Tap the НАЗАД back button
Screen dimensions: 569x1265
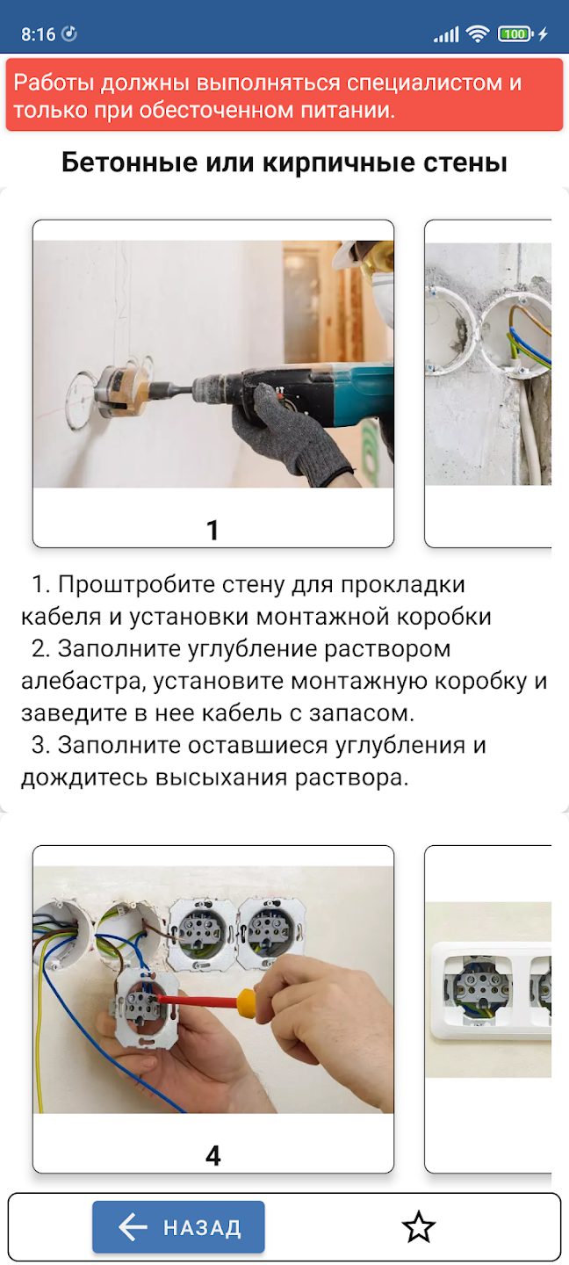(x=178, y=1226)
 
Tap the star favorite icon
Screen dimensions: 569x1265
(x=418, y=1226)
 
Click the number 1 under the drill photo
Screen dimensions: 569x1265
(x=212, y=530)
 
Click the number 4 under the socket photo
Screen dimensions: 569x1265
(x=212, y=1155)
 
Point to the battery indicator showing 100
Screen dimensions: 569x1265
(x=515, y=34)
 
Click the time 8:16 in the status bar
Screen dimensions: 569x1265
(x=39, y=34)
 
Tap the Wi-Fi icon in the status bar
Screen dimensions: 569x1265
(x=477, y=34)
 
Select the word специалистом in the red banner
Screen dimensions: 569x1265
(x=425, y=83)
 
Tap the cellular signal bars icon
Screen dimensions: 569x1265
(x=446, y=35)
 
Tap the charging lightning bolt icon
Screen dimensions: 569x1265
(x=543, y=34)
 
